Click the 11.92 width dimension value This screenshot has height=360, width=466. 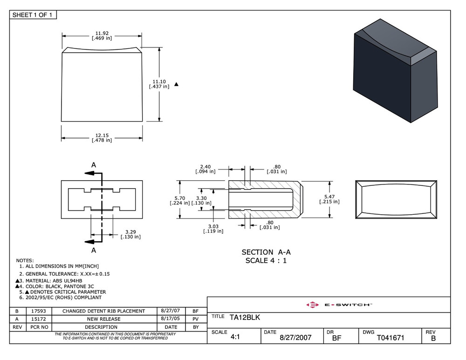[102, 33]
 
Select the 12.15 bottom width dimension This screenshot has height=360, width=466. [102, 135]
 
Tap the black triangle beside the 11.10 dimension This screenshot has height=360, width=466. [176, 84]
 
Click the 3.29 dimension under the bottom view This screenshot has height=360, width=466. [130, 232]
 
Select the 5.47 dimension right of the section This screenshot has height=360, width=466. [329, 197]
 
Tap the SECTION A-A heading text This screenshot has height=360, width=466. [266, 252]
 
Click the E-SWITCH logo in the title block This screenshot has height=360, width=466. [339, 305]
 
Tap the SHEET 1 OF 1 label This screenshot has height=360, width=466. [33, 15]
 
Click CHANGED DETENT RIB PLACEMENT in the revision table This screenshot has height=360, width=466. [103, 311]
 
